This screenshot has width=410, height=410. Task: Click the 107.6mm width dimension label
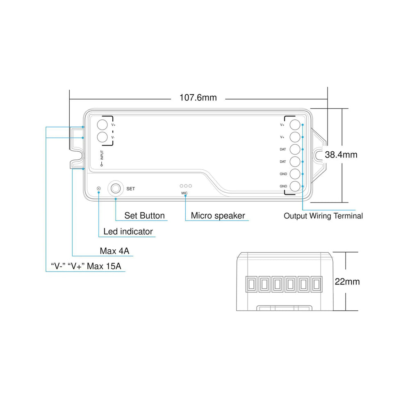click(198, 98)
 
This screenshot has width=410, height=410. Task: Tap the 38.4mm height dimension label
click(341, 155)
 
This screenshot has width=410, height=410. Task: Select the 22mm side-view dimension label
click(347, 282)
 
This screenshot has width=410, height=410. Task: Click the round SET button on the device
click(116, 188)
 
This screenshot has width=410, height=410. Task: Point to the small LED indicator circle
click(98, 188)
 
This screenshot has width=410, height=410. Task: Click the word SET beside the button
click(130, 189)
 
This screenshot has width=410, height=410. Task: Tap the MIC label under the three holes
click(184, 193)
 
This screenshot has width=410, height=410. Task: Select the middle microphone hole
click(186, 186)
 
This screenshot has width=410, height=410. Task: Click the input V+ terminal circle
click(102, 125)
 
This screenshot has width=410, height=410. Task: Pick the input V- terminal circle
click(102, 137)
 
